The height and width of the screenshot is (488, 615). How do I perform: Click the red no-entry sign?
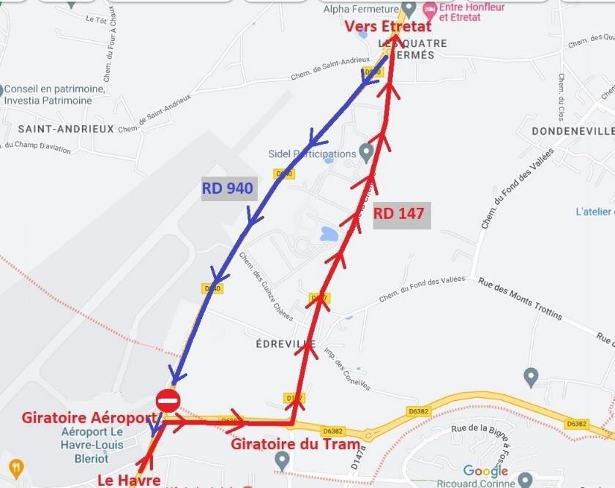168,401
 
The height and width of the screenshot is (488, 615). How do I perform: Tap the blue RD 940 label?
228,189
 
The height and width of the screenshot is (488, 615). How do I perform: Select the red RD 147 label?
398,214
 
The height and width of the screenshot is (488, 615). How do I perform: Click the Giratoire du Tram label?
295,444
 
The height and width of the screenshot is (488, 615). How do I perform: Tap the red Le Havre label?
129,480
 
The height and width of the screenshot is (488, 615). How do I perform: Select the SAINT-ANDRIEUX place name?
66,129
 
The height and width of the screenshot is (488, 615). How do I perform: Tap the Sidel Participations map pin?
366,151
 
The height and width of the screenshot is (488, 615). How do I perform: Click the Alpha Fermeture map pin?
409,8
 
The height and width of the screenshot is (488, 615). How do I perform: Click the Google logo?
486,471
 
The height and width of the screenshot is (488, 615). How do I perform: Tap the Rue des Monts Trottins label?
520,299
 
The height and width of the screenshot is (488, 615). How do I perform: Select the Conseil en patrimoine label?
56,89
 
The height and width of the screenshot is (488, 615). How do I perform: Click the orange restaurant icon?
16,468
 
